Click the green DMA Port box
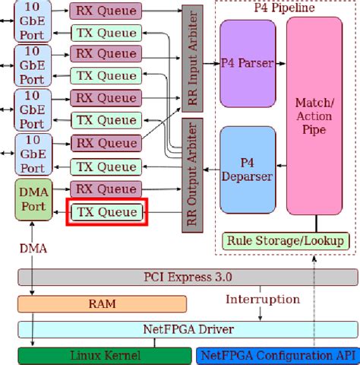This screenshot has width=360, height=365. point(32,198)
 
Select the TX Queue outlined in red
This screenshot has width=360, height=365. point(106,212)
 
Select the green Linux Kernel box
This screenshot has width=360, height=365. point(102,355)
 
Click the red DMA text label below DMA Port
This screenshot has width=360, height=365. point(32,246)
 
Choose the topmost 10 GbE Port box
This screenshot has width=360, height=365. point(32,21)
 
